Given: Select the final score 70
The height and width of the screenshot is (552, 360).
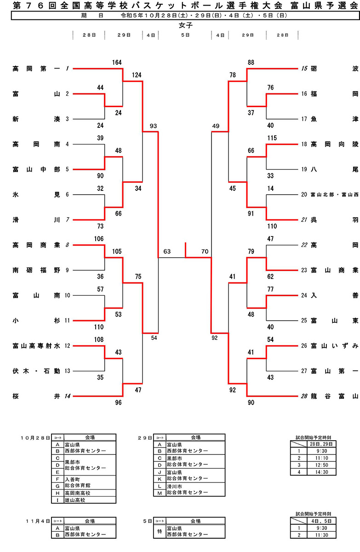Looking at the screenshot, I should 205,252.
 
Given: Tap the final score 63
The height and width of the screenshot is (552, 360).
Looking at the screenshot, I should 167,252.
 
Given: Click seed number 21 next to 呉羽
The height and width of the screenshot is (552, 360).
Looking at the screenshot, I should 303,220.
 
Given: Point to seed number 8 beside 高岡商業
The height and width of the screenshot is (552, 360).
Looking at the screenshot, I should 67,245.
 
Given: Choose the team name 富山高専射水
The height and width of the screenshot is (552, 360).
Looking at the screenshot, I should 36,345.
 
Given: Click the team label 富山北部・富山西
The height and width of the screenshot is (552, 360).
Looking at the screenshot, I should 334,195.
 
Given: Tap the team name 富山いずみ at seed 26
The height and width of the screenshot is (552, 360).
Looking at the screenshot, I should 334,345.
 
